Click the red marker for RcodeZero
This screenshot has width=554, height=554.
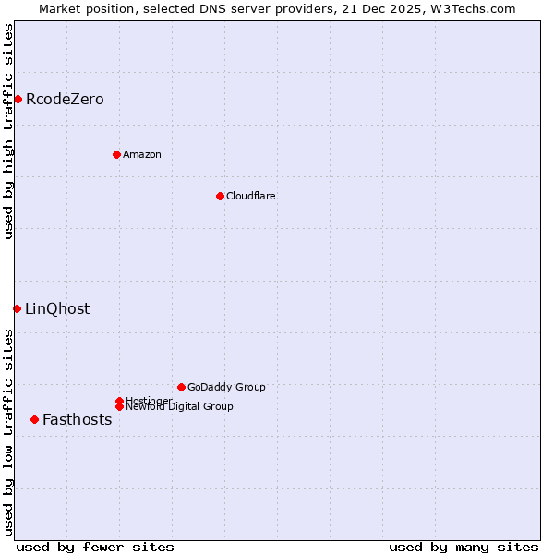click(x=18, y=99)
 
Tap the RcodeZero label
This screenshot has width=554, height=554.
click(x=65, y=99)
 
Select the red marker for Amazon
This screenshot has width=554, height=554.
click(x=116, y=154)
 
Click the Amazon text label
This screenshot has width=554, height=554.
click(x=142, y=154)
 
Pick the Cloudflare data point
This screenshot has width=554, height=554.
click(x=220, y=196)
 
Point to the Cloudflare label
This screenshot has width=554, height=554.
click(x=251, y=196)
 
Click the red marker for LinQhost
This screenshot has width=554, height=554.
click(x=17, y=308)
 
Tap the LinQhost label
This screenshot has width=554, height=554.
click(x=57, y=308)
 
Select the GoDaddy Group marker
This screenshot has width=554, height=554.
click(x=181, y=387)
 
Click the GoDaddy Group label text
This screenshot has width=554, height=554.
click(x=226, y=387)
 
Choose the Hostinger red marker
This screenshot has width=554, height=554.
click(x=119, y=401)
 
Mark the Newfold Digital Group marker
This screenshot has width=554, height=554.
click(x=119, y=406)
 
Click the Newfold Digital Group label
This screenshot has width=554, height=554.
click(x=180, y=407)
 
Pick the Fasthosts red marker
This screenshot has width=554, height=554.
click(x=34, y=419)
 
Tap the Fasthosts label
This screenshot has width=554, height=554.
click(x=78, y=419)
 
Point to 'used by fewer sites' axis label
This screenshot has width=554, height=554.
click(x=95, y=547)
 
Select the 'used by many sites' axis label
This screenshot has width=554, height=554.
click(x=464, y=547)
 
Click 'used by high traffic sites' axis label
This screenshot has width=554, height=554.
click(x=8, y=131)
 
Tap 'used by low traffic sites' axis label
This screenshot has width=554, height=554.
click(x=8, y=431)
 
